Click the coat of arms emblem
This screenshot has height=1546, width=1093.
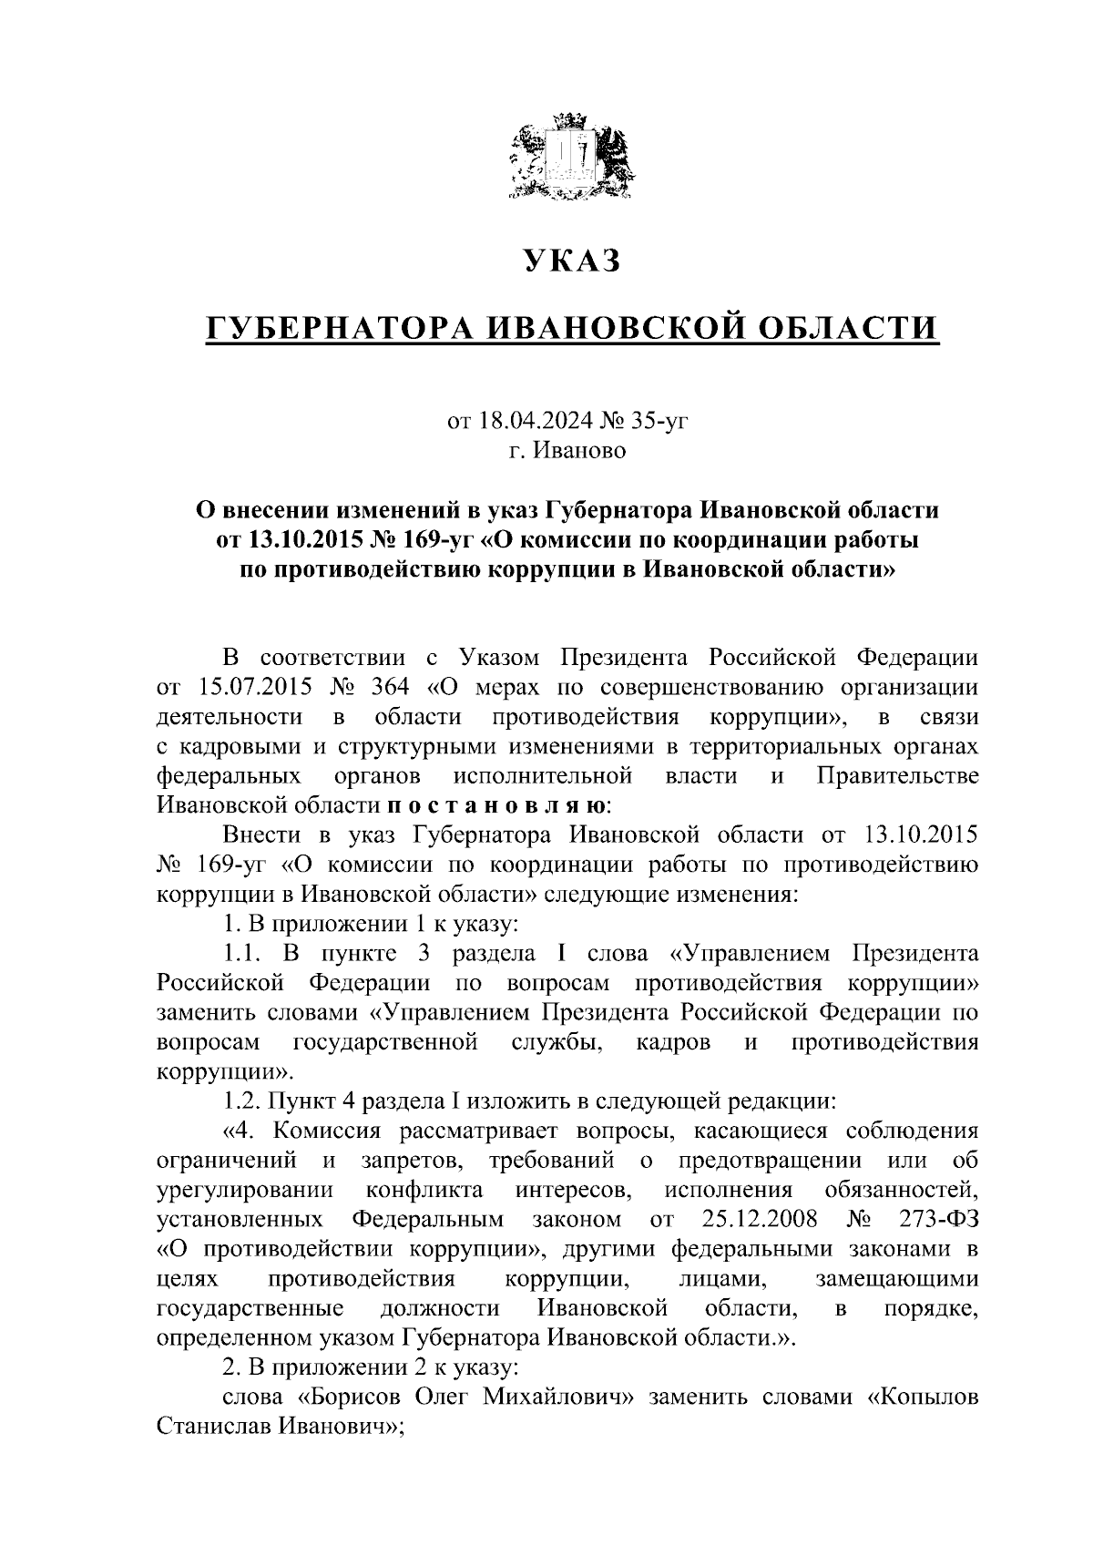570,155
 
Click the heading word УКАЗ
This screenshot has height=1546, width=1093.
571,261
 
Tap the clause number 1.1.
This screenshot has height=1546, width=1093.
243,954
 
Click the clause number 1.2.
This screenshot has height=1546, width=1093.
243,1101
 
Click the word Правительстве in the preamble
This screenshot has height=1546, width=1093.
898,776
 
